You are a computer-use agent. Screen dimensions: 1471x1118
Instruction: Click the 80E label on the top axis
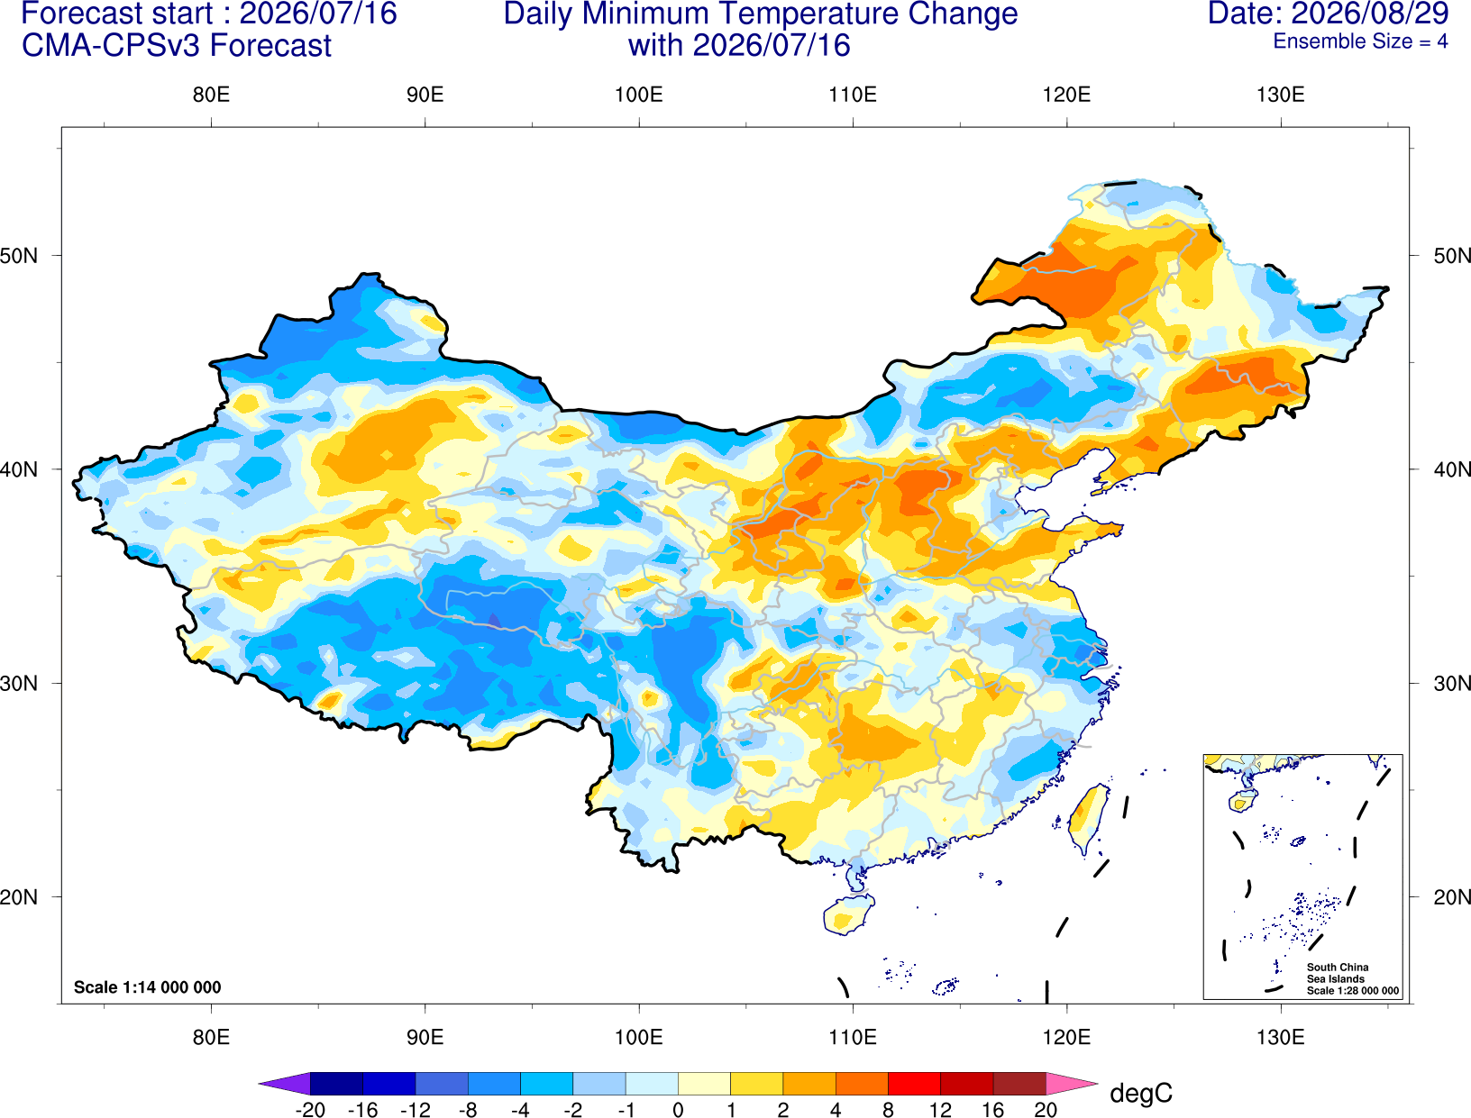coord(211,95)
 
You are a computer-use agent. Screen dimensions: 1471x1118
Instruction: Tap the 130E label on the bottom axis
coord(1280,1037)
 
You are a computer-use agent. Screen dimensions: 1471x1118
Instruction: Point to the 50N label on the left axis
coord(19,255)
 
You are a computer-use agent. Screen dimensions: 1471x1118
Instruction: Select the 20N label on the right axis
coord(1451,897)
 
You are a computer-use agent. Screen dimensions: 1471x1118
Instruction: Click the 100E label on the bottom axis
coord(639,1037)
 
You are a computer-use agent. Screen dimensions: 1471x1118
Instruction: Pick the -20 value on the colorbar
coord(310,1110)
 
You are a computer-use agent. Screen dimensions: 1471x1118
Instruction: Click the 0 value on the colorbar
coord(678,1110)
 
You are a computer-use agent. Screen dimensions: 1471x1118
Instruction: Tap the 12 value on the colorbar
coord(940,1110)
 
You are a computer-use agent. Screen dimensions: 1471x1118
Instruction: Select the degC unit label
coord(1140,1093)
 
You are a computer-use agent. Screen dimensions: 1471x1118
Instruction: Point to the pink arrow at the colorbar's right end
coord(1070,1084)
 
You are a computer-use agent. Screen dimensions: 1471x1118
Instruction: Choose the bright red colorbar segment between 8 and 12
coord(914,1084)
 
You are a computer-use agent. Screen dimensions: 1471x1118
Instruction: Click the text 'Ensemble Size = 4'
coord(1360,41)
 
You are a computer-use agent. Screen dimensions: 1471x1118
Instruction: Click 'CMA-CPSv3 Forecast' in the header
coord(177,46)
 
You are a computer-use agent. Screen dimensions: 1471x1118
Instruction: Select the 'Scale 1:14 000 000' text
coord(148,986)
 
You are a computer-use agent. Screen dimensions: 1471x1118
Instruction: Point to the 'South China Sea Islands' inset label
coord(1337,973)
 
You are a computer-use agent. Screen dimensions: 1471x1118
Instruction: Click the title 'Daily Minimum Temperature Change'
coord(761,14)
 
